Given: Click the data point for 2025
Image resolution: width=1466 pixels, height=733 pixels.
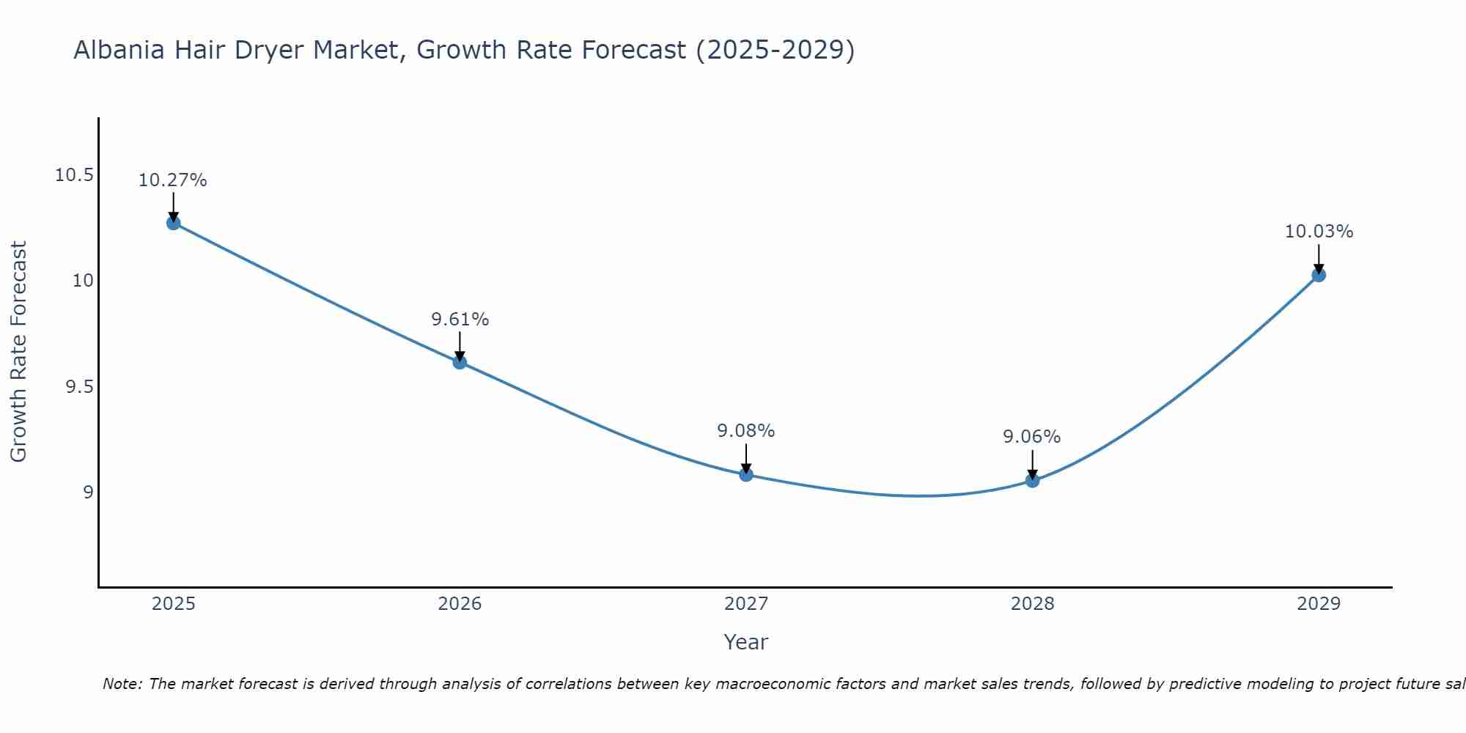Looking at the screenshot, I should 174,223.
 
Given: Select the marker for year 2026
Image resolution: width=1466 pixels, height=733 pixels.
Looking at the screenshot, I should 460,362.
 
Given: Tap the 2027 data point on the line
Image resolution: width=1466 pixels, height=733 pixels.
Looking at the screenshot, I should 746,474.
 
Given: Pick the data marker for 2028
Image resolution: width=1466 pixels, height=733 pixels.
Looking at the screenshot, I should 1032,481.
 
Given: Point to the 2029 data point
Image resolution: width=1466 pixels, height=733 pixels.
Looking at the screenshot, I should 1319,275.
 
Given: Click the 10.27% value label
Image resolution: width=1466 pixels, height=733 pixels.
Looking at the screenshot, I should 173,180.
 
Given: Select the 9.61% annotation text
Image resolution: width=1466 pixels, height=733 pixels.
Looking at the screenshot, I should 460,320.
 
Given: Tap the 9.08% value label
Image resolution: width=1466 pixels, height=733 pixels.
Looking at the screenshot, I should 746,431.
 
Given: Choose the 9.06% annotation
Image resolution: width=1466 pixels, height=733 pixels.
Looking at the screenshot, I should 1032,437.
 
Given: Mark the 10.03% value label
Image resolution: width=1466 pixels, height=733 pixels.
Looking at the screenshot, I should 1319,232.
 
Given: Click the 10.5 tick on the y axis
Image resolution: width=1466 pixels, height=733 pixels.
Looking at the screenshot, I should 75,175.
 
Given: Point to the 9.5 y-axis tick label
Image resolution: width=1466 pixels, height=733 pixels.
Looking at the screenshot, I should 80,386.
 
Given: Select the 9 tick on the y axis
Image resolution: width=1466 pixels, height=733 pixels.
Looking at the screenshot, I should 89,492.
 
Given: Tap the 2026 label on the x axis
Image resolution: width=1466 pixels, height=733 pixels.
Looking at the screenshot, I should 460,604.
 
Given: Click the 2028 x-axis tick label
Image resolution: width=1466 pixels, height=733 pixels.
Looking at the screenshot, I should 1032,604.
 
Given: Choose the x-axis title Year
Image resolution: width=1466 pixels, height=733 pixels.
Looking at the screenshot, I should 746,642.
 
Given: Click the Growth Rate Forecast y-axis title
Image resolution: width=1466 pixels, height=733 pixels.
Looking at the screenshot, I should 18,352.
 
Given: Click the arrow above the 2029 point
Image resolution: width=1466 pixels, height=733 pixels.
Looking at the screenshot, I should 1319,258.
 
